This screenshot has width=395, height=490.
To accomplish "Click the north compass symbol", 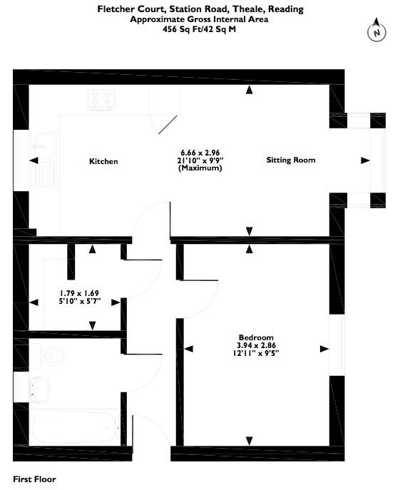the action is (x=376, y=30).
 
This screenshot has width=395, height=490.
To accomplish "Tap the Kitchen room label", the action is (x=103, y=161).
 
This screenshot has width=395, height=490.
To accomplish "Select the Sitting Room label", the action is (x=291, y=160).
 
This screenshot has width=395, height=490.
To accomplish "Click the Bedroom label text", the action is (x=256, y=337).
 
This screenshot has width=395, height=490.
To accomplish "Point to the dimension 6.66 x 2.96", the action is (x=200, y=153).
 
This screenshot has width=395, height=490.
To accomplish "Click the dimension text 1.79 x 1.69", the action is (x=79, y=293).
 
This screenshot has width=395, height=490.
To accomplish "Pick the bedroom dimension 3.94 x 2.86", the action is (x=256, y=345).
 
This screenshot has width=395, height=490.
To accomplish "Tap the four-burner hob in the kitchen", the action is (x=101, y=100).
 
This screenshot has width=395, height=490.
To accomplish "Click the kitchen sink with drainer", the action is (x=43, y=160).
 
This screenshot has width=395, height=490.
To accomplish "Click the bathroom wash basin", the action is (x=39, y=389).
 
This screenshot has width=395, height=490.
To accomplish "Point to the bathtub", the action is (x=74, y=427).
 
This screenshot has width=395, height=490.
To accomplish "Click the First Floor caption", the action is (x=34, y=479).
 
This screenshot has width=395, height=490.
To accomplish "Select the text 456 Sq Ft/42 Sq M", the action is (x=200, y=29).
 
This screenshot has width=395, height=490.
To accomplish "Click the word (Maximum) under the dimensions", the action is (x=200, y=168).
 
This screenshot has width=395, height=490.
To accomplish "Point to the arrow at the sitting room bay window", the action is (x=365, y=160).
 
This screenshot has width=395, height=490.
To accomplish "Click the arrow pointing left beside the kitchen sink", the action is (x=34, y=160).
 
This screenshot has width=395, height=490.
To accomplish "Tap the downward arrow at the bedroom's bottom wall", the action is (x=249, y=441).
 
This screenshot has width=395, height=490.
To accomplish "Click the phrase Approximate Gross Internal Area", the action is (x=199, y=19).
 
